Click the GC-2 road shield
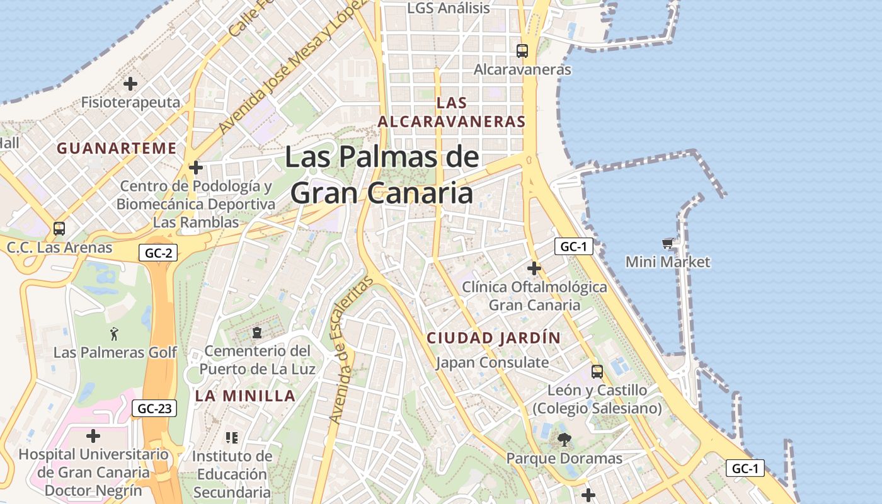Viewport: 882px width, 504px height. point(157,253)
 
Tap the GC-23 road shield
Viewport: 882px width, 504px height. point(154,408)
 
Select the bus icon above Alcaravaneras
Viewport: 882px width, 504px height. point(522,51)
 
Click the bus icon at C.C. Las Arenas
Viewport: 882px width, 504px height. point(59,229)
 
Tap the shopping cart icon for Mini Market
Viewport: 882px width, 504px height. point(667,243)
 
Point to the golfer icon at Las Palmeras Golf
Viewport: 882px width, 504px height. point(114,334)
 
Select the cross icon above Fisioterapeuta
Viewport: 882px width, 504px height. point(130,83)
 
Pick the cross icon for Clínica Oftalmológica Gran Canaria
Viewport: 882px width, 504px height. point(534,269)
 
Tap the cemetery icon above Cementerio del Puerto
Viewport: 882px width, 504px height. point(257,332)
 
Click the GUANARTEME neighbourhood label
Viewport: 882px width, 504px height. point(117,148)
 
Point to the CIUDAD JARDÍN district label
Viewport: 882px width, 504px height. point(493,338)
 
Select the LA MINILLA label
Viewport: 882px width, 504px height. point(245,396)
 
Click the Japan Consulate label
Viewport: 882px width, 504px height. point(492,362)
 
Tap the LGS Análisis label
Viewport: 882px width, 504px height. point(449,8)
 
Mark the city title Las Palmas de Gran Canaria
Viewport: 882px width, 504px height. point(382,175)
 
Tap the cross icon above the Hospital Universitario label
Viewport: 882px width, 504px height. point(93,436)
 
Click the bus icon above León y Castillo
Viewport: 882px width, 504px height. point(597,372)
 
